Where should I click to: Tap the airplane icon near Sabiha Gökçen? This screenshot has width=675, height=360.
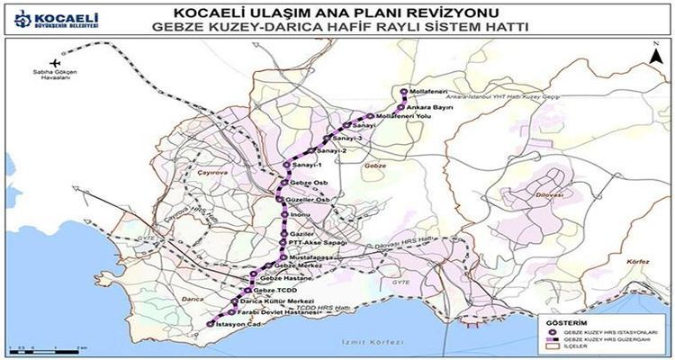pyautogui.click(x=55, y=62)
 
